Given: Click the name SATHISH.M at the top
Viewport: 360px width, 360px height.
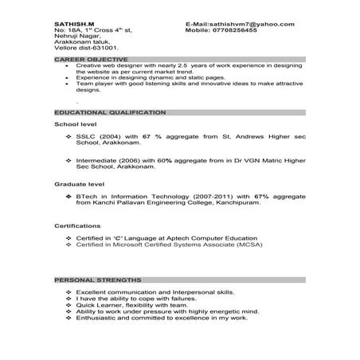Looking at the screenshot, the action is (x=72, y=25).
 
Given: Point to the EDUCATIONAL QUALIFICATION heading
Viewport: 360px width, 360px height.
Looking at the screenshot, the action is (x=109, y=113).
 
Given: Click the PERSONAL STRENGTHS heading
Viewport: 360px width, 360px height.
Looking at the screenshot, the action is (x=98, y=281).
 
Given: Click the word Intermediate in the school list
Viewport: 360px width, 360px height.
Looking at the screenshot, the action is (x=97, y=162).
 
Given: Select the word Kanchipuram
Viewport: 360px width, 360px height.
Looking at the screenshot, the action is (x=234, y=203).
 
